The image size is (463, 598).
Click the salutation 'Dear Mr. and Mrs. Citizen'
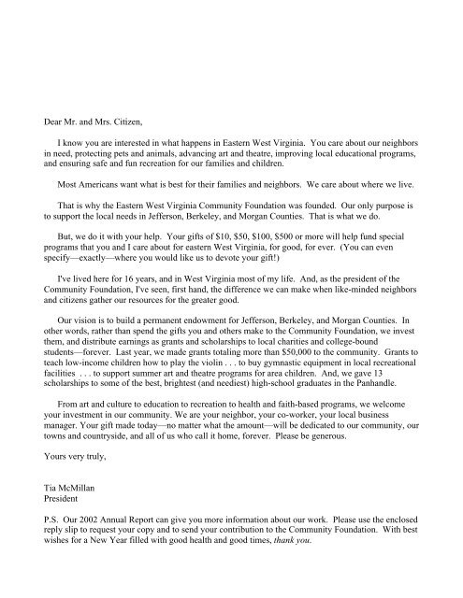point(80,119)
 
